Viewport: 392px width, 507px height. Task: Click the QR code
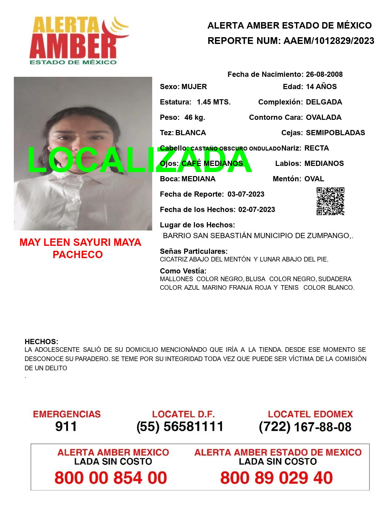330,201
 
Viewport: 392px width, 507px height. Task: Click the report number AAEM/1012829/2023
329,41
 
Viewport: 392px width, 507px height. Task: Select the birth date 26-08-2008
324,74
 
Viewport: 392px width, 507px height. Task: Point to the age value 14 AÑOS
321,87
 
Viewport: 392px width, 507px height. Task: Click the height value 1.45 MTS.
214,102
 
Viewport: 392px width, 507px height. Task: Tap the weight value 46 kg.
195,117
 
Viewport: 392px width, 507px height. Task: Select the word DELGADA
324,102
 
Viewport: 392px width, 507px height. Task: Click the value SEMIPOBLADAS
335,133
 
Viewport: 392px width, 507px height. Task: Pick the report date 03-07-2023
246,194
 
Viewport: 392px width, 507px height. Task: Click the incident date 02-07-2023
256,210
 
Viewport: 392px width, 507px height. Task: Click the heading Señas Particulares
194,251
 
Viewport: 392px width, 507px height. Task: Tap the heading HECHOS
41,342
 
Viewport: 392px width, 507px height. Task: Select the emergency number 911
66,426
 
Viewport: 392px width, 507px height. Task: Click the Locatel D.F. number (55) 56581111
180,426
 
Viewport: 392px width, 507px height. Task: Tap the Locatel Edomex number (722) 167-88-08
305,427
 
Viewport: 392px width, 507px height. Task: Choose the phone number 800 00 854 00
111,478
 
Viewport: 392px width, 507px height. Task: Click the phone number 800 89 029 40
276,478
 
